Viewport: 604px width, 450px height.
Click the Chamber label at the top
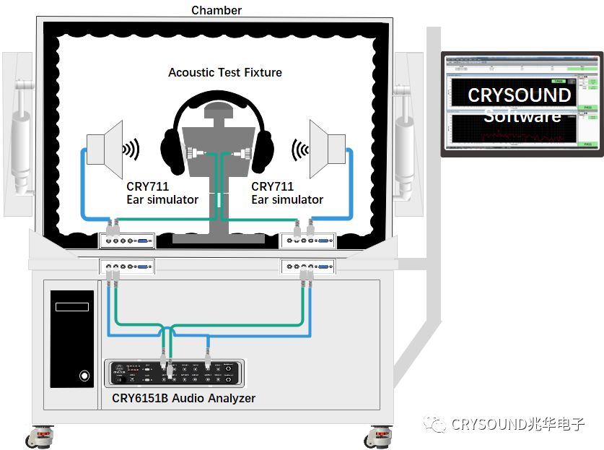coord(216,10)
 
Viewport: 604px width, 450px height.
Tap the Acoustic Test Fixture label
coord(224,72)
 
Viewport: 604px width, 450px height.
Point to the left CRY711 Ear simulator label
coord(162,193)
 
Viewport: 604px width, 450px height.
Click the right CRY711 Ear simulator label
coord(286,193)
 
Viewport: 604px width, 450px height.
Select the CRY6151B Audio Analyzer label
coord(183,398)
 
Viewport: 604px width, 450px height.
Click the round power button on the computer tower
coord(84,376)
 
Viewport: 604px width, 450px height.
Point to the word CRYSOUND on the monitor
coord(519,95)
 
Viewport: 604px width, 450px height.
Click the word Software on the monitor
coord(522,116)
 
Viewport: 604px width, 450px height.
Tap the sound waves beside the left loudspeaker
coord(131,150)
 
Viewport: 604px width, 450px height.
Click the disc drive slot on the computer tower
coord(72,307)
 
